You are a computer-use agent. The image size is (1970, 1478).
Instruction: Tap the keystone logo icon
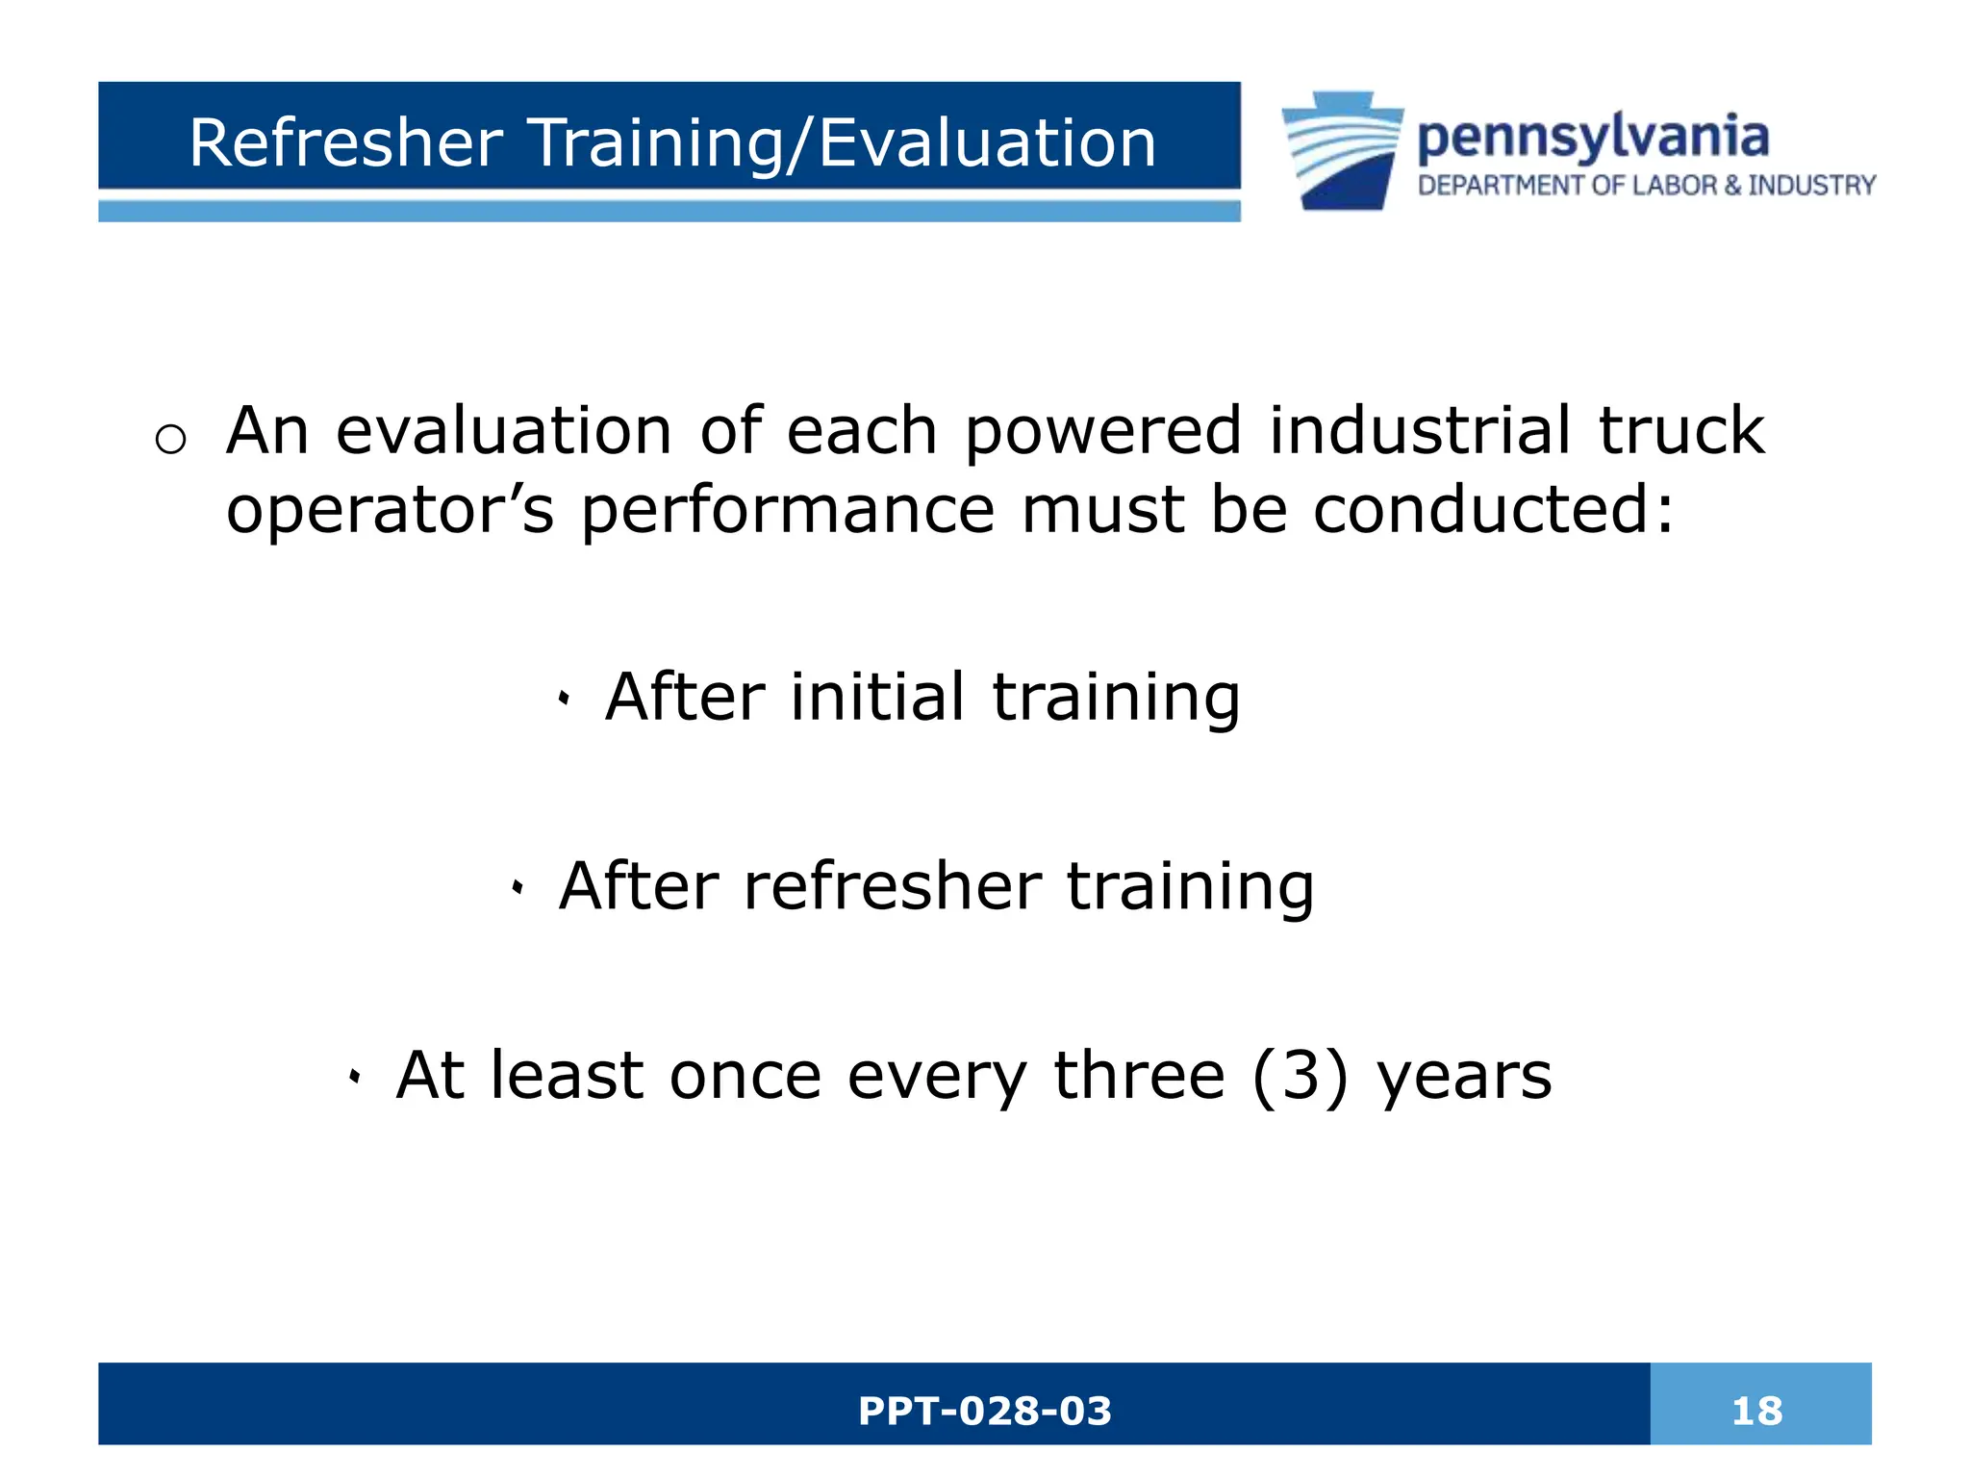point(1343,151)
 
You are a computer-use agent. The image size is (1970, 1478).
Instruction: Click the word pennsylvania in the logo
point(1593,138)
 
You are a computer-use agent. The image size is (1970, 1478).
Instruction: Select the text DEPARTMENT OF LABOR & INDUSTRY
point(1647,185)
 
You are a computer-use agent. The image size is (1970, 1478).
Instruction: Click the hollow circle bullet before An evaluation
point(170,440)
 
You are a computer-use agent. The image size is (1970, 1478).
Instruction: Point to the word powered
point(1103,430)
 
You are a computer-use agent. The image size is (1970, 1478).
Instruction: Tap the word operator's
point(390,510)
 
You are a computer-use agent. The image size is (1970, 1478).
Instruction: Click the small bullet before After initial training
point(564,700)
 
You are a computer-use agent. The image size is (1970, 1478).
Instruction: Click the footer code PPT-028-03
point(984,1411)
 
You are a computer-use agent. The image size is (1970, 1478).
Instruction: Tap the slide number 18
point(1756,1411)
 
